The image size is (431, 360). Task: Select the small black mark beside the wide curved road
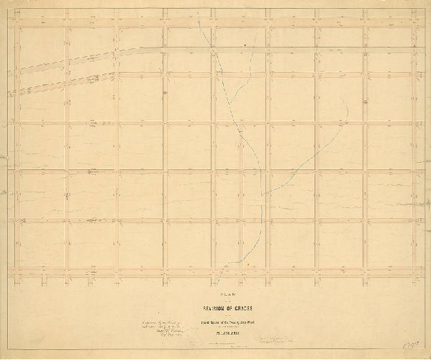(x=245, y=45)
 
